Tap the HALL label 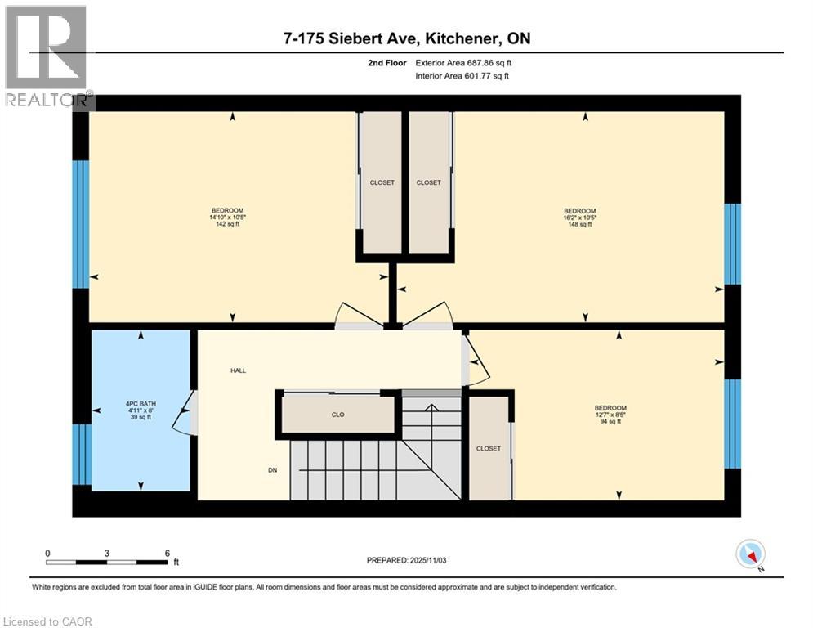click(x=238, y=370)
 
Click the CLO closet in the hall click(x=337, y=415)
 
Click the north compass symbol click(x=748, y=554)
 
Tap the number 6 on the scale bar click(x=167, y=553)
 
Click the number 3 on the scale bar click(x=107, y=553)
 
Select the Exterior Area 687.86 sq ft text click(x=463, y=62)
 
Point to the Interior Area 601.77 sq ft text click(x=462, y=76)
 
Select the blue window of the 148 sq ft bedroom click(x=733, y=244)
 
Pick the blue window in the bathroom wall click(x=81, y=454)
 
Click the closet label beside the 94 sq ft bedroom click(x=488, y=448)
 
